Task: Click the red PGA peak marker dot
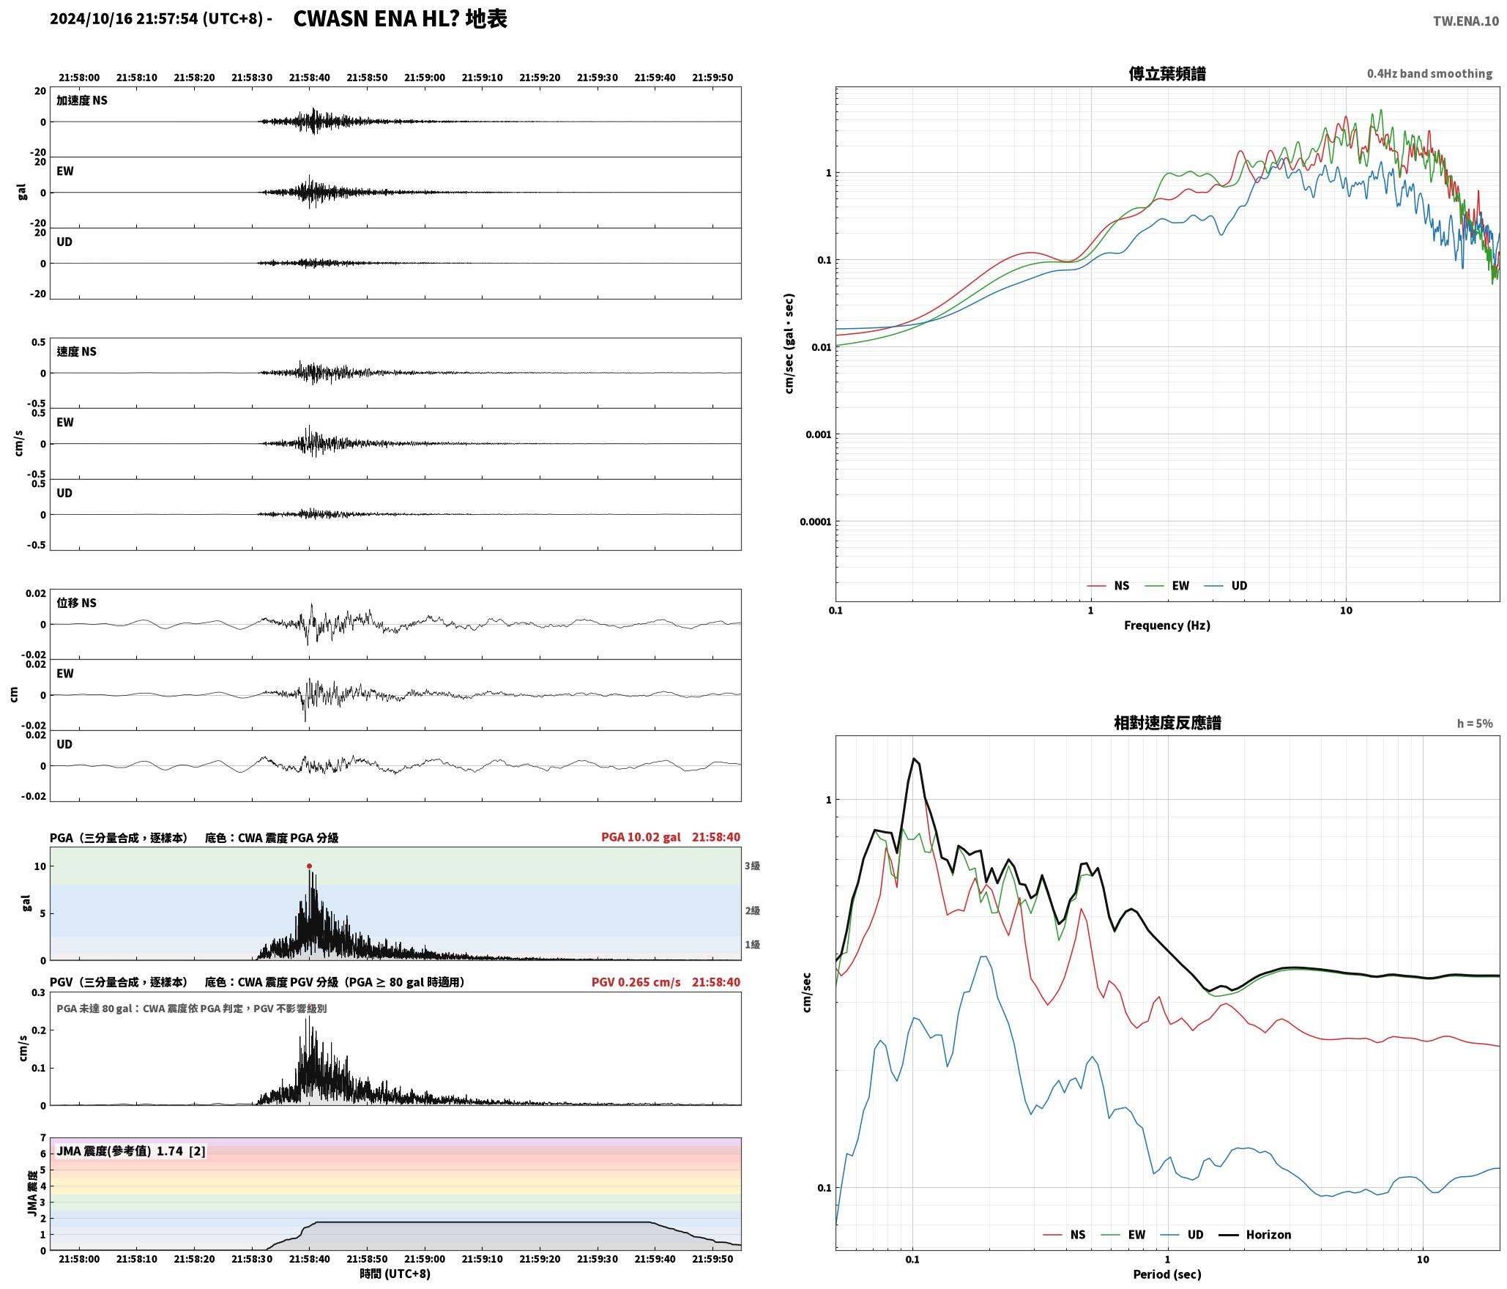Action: (x=309, y=866)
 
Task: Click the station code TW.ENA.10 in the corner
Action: (x=1466, y=21)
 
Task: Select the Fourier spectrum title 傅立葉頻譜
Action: (x=1167, y=73)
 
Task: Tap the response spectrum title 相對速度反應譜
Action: (x=1167, y=723)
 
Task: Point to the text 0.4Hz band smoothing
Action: (x=1429, y=73)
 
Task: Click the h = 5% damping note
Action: (x=1474, y=724)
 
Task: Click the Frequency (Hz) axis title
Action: (x=1167, y=625)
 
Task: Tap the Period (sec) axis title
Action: (x=1167, y=1274)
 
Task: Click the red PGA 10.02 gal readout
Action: (x=641, y=837)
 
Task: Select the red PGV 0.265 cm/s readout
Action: (x=636, y=982)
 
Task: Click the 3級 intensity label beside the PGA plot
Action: (x=752, y=866)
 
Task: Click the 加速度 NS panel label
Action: (x=82, y=100)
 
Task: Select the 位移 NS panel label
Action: (x=76, y=603)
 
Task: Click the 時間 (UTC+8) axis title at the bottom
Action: (x=395, y=1274)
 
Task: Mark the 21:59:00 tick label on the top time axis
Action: (x=424, y=78)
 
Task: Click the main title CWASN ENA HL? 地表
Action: (x=400, y=19)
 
